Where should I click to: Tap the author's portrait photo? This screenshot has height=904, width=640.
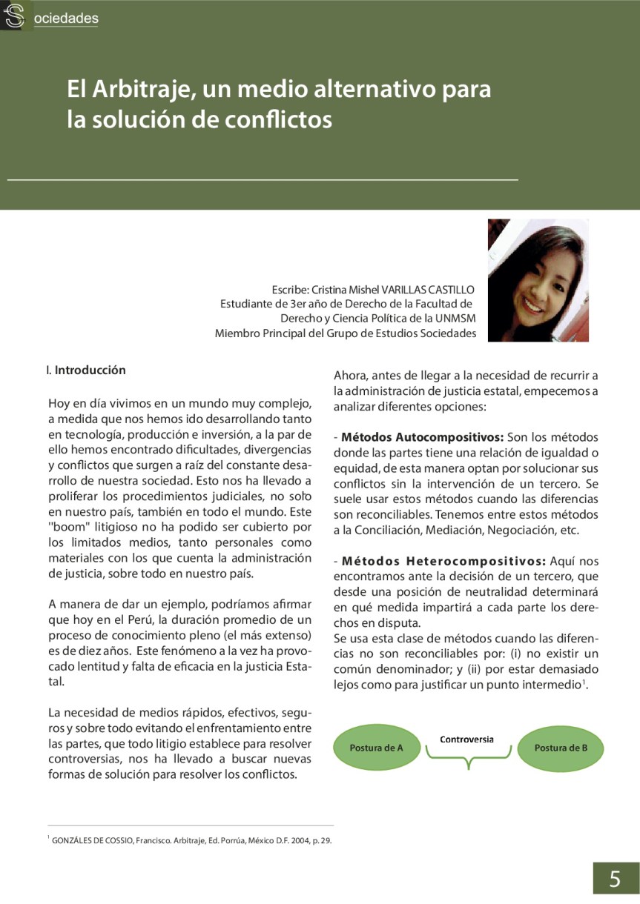coord(538,280)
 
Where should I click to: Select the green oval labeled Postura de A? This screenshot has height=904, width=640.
coord(376,748)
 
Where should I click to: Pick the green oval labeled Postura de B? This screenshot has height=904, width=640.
coord(561,748)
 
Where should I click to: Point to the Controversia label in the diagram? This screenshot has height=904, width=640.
coord(466,740)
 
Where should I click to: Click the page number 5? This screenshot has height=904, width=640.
coord(615,880)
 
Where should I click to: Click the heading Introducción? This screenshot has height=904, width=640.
coord(90,370)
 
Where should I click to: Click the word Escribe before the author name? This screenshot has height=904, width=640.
coord(290,289)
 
